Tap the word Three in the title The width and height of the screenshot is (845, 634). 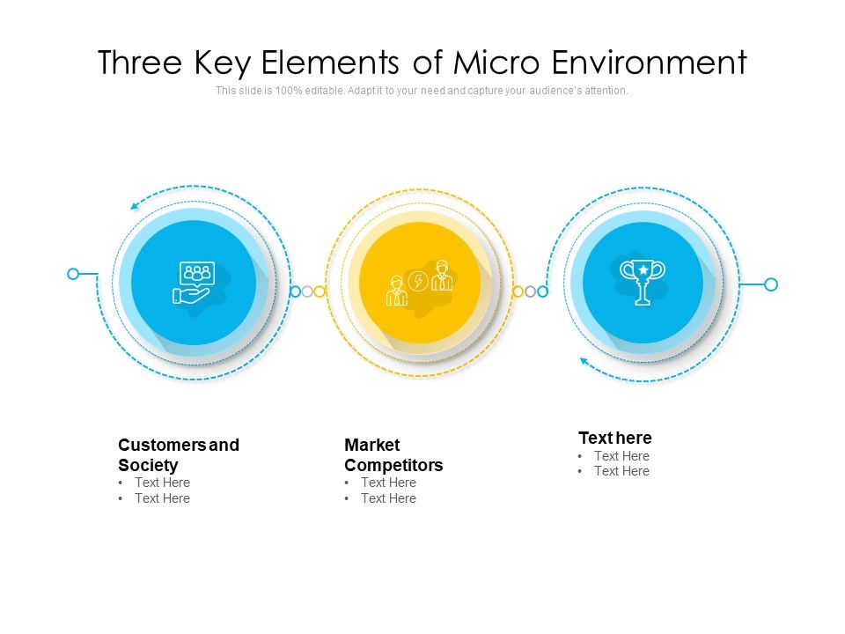142,63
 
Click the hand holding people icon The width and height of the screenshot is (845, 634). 193,283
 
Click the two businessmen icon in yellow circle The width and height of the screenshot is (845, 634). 420,284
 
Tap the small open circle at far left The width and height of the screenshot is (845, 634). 73,274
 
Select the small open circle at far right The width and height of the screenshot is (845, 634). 771,284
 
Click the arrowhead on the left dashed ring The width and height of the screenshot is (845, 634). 135,206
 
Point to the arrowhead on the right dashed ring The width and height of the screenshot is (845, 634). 583,360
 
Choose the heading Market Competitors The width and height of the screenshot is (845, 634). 393,455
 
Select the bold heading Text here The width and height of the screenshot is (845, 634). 615,438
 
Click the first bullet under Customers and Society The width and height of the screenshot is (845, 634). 162,483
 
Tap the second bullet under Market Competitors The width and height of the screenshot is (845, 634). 388,498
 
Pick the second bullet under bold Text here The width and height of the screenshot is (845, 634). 621,471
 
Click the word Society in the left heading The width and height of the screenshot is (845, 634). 148,465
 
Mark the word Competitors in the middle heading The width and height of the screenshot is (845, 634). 393,465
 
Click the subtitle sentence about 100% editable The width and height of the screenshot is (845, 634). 422,91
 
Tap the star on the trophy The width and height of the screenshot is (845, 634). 643,269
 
